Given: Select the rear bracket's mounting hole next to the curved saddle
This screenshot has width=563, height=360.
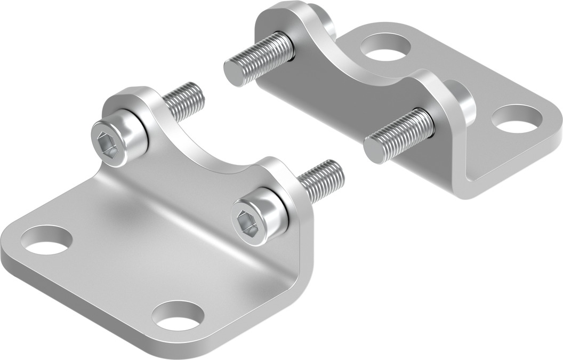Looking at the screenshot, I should point(384,47).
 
